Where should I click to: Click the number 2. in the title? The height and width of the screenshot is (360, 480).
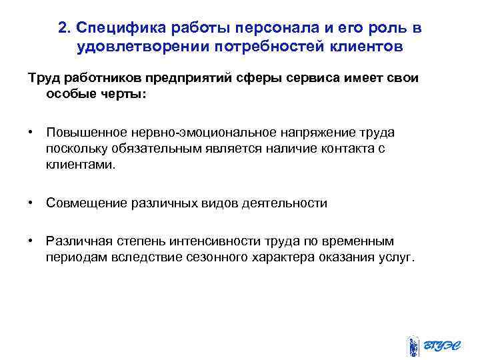pyautogui.click(x=64, y=28)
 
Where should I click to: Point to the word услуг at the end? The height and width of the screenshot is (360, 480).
pyautogui.click(x=398, y=257)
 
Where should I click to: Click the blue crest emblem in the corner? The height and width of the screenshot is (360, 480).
pyautogui.click(x=413, y=346)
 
